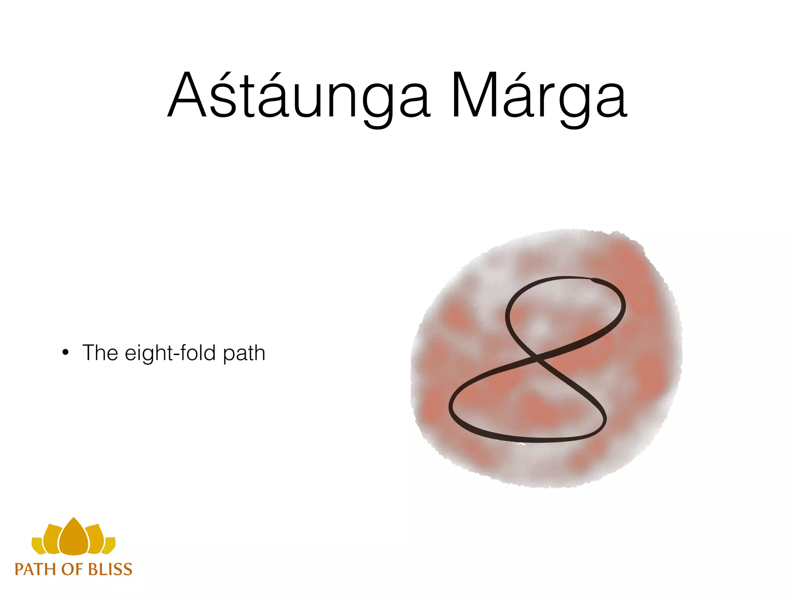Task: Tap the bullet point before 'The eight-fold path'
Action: pyautogui.click(x=66, y=353)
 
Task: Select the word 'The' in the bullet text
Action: pyautogui.click(x=100, y=353)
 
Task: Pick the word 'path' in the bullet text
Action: pyautogui.click(x=244, y=354)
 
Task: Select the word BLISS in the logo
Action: pyautogui.click(x=110, y=570)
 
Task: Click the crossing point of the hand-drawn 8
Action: pyautogui.click(x=538, y=358)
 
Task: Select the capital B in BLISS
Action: pyautogui.click(x=94, y=570)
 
